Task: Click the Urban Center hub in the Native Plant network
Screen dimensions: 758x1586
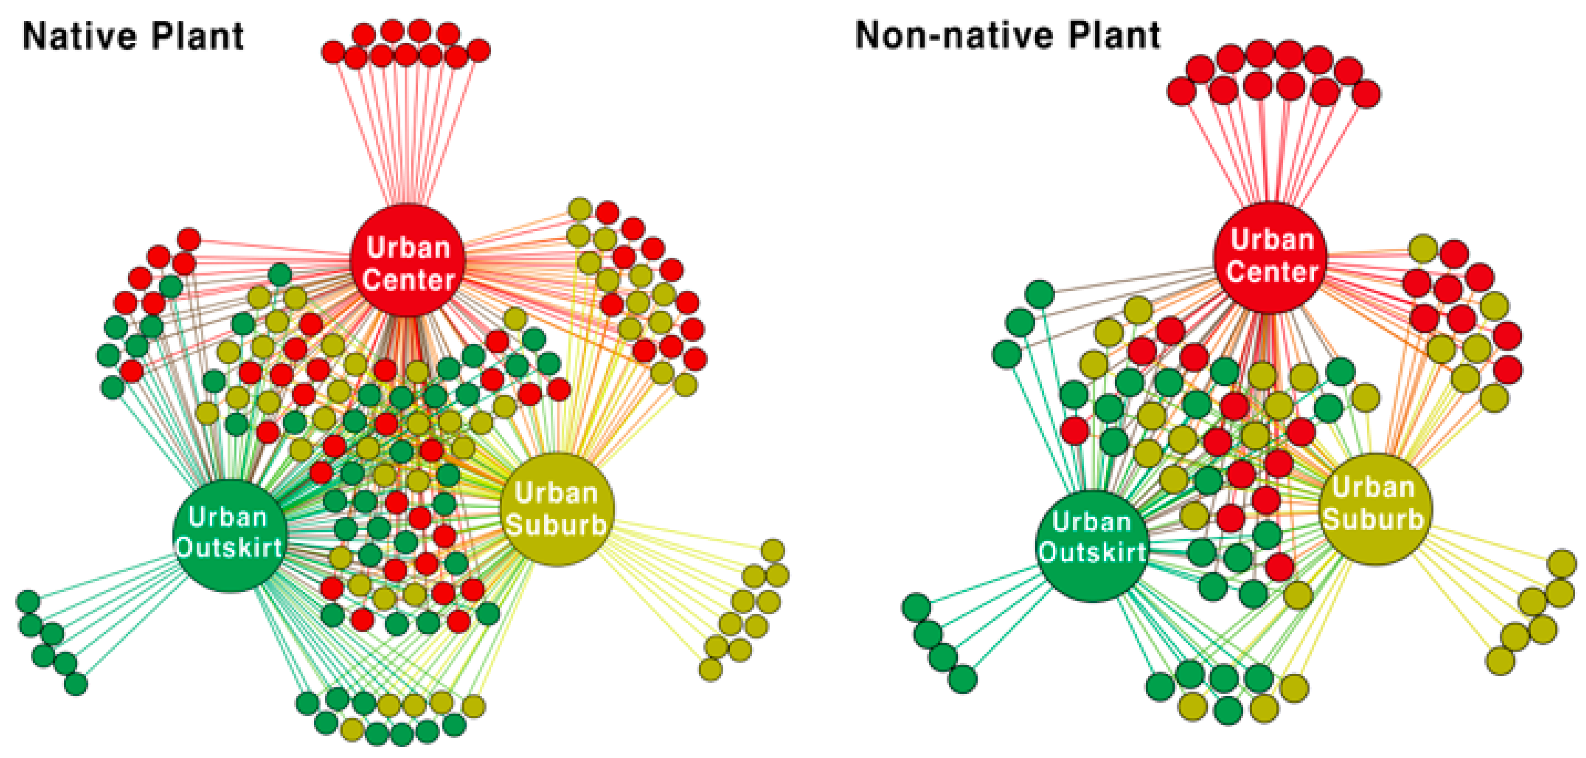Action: click(407, 261)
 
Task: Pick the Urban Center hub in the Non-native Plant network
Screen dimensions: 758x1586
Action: click(1271, 257)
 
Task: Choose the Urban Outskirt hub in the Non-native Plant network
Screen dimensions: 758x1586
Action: click(1092, 545)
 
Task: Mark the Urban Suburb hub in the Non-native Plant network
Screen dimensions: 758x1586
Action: click(1375, 509)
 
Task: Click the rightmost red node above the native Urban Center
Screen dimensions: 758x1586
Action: click(479, 51)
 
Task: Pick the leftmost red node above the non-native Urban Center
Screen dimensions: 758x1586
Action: click(1181, 92)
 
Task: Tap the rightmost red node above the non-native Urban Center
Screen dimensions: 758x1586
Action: click(1366, 94)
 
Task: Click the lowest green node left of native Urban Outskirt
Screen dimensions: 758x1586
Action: click(76, 684)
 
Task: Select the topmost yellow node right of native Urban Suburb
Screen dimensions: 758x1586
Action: click(773, 550)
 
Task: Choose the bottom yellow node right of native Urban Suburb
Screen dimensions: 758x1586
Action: click(711, 669)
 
